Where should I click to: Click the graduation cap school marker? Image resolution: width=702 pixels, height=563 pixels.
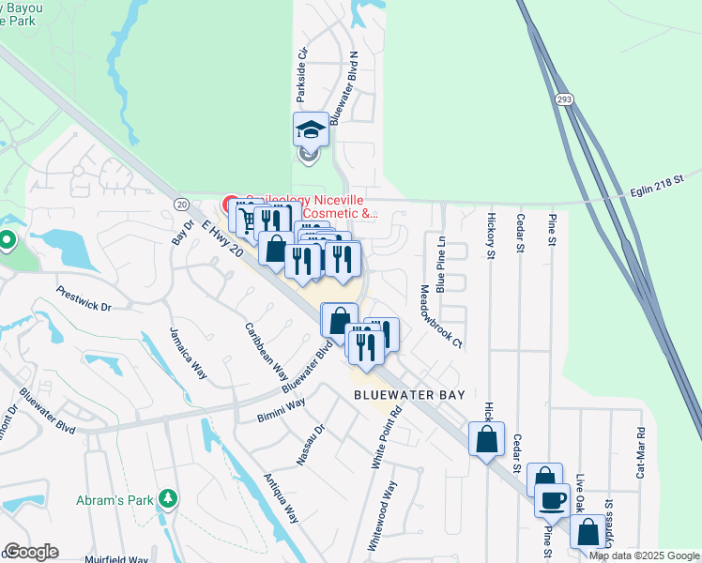(x=311, y=129)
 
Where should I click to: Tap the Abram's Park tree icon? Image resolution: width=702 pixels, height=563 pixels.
(x=168, y=497)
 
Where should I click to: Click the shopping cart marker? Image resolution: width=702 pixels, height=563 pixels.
(x=246, y=220)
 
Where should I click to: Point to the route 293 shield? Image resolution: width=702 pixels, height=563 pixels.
(x=562, y=99)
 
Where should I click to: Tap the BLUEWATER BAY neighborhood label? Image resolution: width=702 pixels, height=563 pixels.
(x=410, y=395)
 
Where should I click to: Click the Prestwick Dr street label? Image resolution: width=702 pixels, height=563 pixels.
(x=83, y=299)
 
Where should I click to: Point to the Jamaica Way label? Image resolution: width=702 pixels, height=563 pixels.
(x=186, y=354)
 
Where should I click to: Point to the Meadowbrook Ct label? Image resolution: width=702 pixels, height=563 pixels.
(x=442, y=315)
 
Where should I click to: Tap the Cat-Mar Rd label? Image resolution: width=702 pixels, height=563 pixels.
(x=642, y=454)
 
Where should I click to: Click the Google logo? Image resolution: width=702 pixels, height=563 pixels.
(x=31, y=552)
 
